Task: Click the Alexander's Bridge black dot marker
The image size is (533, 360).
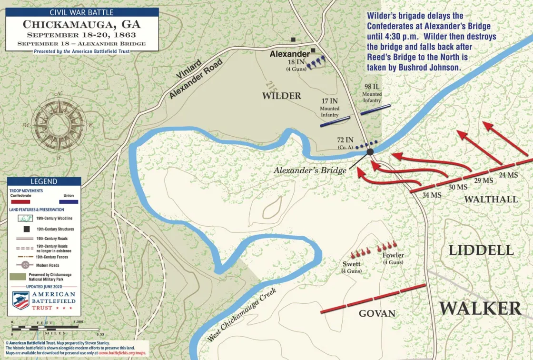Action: [370, 152]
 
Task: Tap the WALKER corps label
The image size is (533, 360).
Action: [480, 308]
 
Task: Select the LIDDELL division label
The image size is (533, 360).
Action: [481, 250]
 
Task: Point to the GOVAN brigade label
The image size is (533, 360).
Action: [377, 313]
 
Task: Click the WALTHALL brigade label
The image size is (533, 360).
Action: [491, 199]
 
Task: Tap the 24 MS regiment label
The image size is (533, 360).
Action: [508, 175]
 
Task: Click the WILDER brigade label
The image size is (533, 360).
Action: [282, 96]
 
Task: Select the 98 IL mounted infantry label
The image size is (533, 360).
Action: [372, 87]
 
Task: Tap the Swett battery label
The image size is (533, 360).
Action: [351, 264]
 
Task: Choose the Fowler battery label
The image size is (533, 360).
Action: [393, 255]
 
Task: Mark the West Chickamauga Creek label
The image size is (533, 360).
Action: [242, 315]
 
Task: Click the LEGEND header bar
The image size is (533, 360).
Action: [44, 181]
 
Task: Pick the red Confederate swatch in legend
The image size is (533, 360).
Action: [20, 201]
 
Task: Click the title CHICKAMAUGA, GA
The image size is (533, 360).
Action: [82, 24]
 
